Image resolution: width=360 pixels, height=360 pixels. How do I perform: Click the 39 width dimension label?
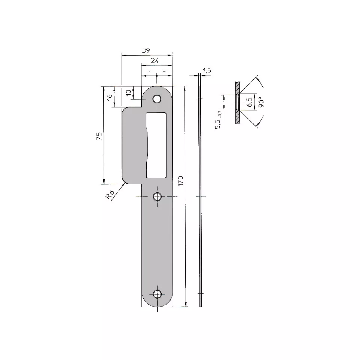pos(146,50)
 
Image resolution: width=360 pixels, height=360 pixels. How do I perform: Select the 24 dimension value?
pos(155,61)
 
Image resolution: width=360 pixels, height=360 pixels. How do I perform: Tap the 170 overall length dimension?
pos(181,181)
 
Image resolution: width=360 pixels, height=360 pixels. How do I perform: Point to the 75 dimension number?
pos(99,136)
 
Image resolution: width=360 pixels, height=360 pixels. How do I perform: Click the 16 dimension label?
pos(110,97)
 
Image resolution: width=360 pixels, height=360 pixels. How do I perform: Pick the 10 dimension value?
pos(129,92)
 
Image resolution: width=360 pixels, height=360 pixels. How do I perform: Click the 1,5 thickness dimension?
pos(207,70)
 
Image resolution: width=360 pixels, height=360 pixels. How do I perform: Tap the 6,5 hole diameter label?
pos(249,102)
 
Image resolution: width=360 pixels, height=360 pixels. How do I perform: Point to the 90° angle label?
pos(260,103)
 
